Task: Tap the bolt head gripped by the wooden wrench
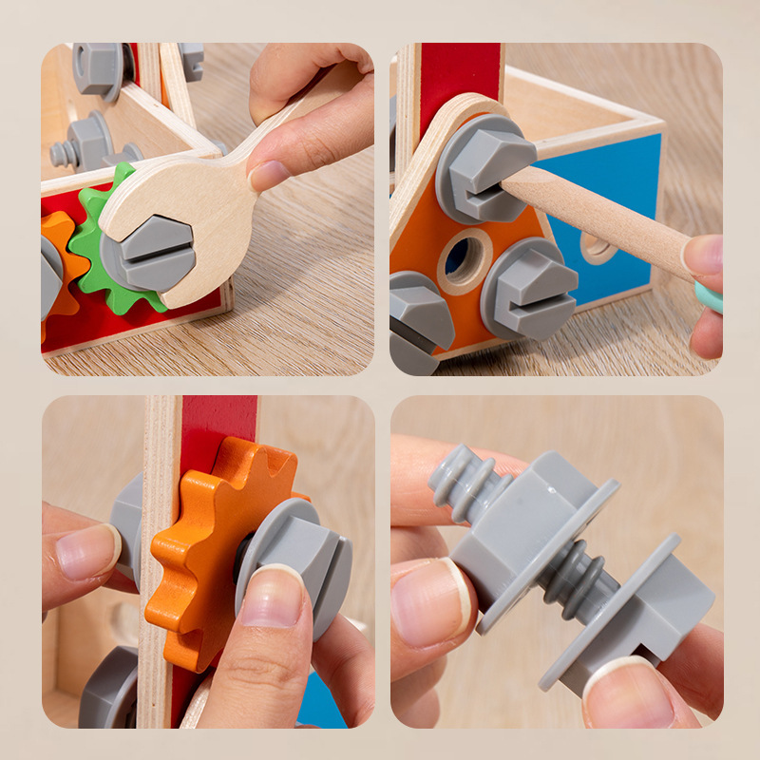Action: [x=155, y=253]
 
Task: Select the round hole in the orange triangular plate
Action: [x=464, y=256]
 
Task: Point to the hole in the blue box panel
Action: [x=597, y=249]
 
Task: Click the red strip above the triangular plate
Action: [x=462, y=76]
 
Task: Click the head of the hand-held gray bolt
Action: [x=655, y=608]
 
